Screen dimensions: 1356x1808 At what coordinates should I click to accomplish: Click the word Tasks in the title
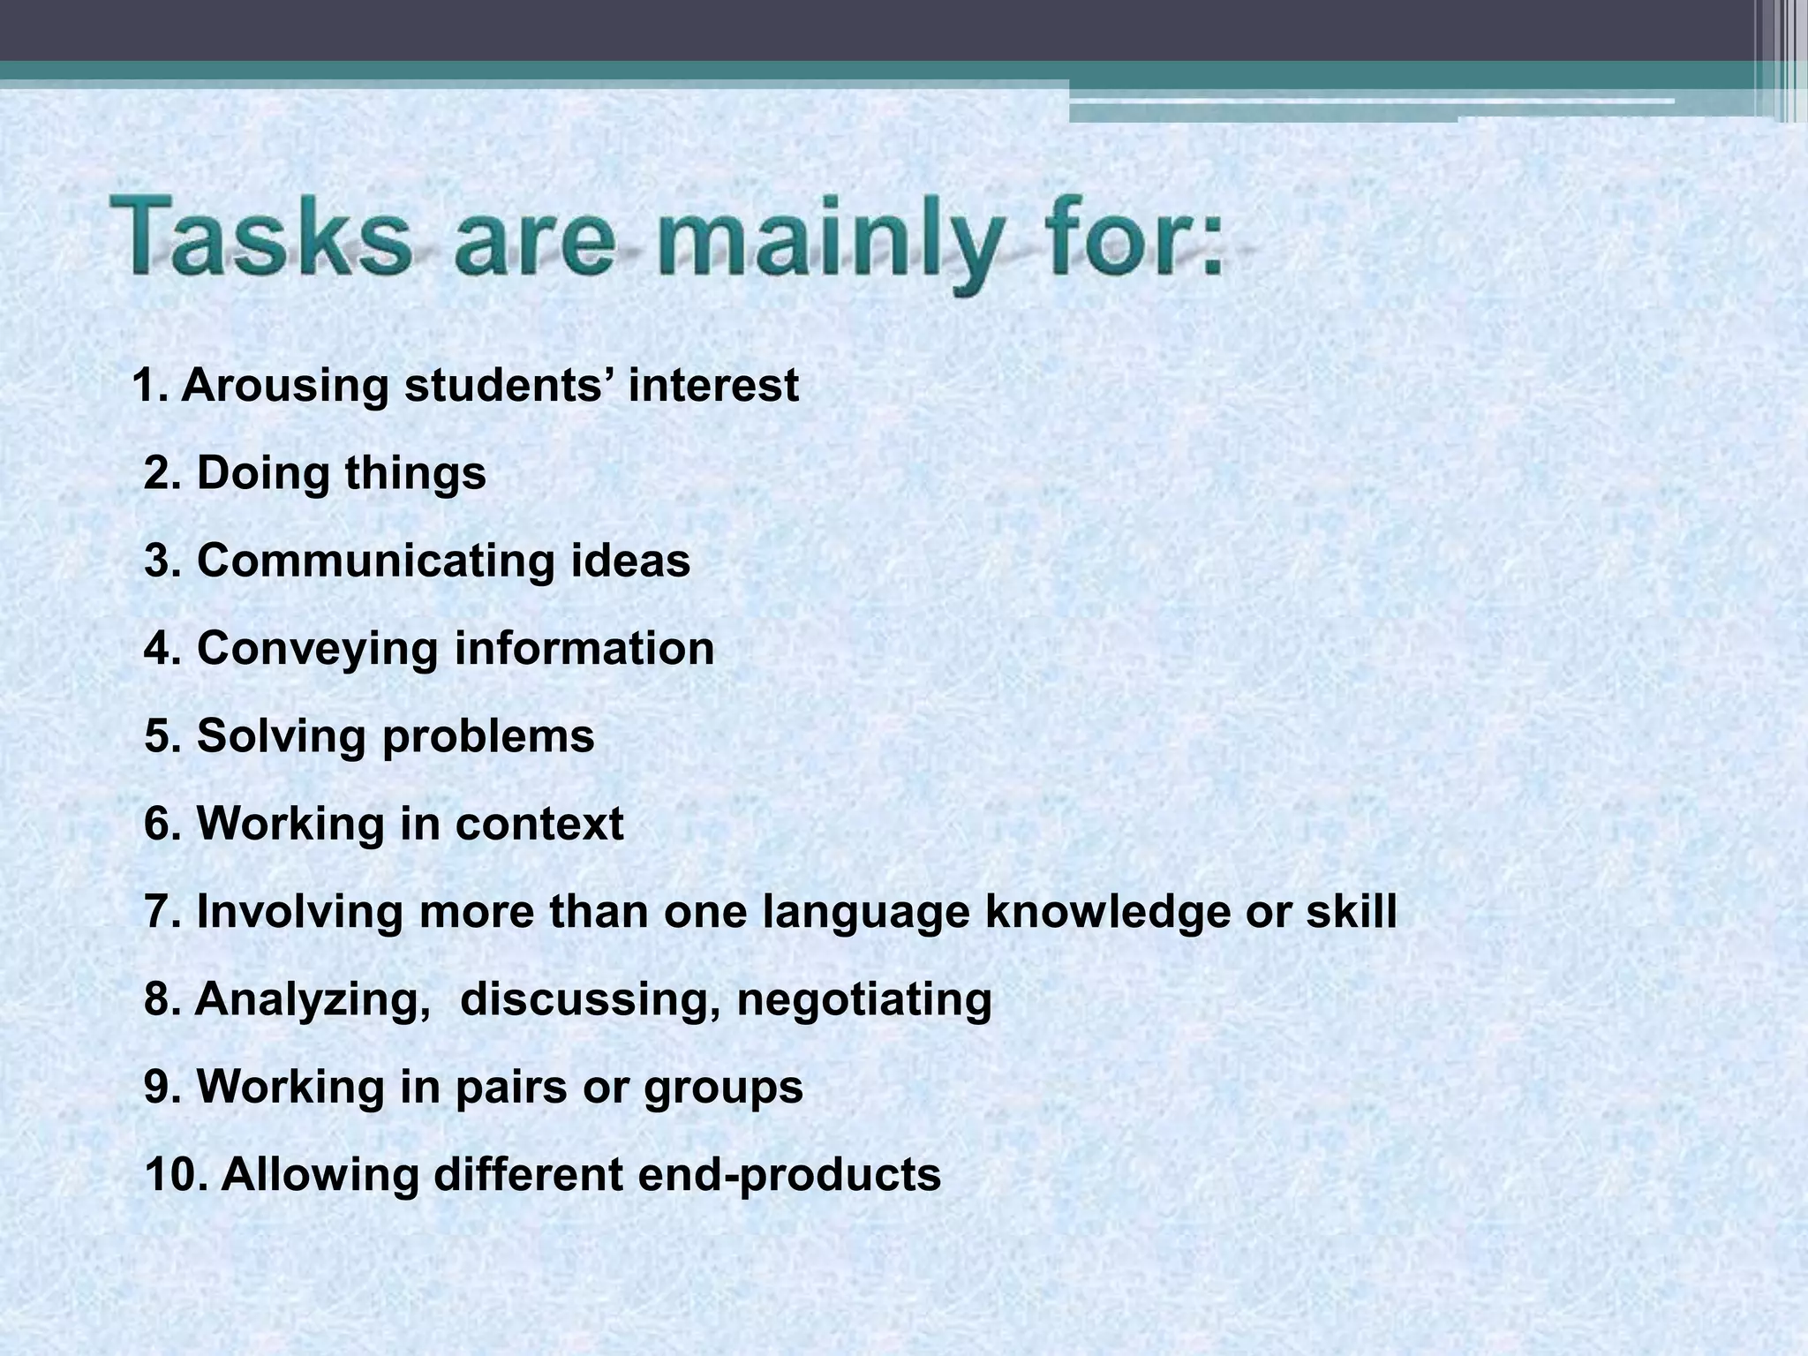(262, 237)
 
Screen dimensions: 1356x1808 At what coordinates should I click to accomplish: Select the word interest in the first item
(713, 386)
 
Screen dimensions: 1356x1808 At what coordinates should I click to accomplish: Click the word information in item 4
(584, 649)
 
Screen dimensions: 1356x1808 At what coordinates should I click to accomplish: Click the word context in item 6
(539, 824)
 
